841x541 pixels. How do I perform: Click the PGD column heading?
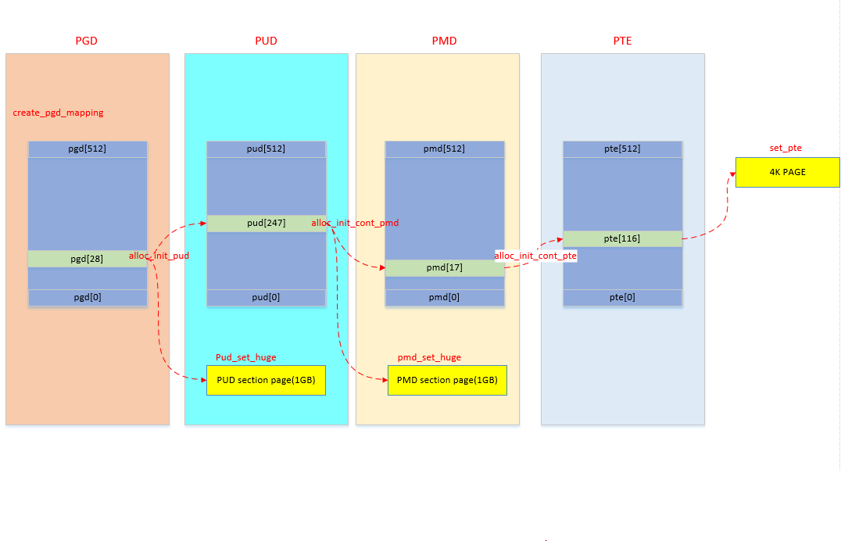pos(86,41)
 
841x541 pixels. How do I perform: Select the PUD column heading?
pos(266,41)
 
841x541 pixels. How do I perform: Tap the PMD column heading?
pos(444,41)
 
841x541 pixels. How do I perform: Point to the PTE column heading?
pos(622,41)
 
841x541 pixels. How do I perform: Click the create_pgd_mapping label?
pos(58,113)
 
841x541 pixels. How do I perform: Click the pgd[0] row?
pos(88,298)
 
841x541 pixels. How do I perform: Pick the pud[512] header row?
pos(266,149)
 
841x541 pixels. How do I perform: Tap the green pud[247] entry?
pos(266,223)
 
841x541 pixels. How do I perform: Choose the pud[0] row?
pos(266,298)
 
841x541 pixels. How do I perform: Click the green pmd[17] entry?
pos(444,268)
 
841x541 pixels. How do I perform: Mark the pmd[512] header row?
pos(444,149)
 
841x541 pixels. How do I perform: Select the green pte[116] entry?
pos(622,238)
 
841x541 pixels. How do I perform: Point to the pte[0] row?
pos(622,298)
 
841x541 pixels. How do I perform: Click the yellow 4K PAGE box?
pos(787,172)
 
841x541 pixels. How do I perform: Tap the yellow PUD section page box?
pos(266,380)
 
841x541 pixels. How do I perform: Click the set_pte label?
pos(786,148)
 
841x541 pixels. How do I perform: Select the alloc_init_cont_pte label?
pos(535,256)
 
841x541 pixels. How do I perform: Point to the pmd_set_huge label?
pos(429,357)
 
